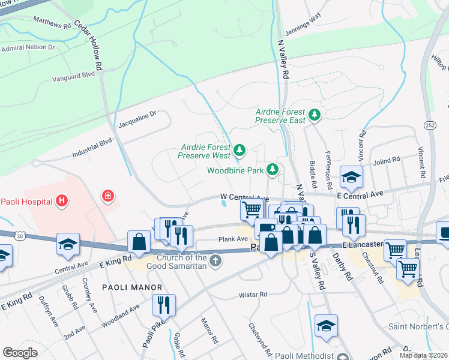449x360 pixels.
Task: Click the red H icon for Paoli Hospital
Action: [61, 201]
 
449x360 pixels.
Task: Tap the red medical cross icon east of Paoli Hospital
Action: [108, 196]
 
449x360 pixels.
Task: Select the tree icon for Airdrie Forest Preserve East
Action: [313, 114]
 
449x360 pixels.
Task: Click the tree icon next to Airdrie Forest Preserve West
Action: [240, 149]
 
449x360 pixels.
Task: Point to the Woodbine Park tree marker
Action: [273, 170]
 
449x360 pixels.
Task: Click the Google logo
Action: [20, 352]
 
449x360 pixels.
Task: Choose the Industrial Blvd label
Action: [92, 147]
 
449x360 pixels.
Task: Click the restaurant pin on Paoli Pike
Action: [163, 304]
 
